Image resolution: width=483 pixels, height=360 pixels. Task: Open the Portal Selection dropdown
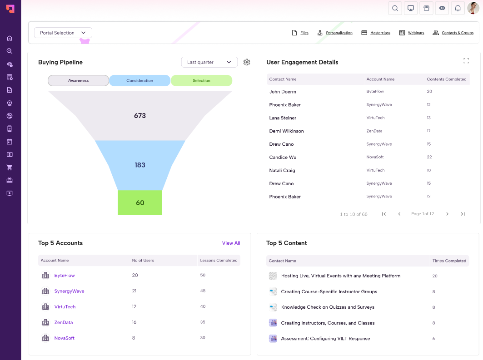click(63, 33)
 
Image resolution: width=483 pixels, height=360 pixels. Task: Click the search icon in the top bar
click(395, 8)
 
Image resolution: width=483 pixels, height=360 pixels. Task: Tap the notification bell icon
click(458, 8)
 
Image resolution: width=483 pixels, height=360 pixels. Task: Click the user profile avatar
click(473, 8)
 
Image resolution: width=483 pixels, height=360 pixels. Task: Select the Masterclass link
click(376, 33)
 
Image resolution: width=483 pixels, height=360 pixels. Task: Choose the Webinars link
click(412, 33)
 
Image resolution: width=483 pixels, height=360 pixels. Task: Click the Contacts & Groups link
click(453, 33)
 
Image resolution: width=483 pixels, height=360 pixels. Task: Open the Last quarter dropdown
click(209, 62)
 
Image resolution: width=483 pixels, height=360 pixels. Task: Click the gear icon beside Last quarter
click(247, 62)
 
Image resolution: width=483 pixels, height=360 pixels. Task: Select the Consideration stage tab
click(139, 81)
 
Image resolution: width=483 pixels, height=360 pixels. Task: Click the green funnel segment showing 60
click(139, 202)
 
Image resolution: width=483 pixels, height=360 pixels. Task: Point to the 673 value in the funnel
click(139, 116)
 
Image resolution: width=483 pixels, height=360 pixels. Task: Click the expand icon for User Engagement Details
click(466, 61)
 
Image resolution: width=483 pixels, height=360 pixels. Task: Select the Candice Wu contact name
click(283, 158)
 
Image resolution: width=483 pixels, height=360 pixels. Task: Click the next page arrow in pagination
click(447, 214)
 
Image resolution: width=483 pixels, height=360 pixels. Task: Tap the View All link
click(231, 243)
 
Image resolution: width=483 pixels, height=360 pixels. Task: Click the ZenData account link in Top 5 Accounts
click(64, 322)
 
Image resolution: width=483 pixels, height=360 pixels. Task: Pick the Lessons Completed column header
click(219, 261)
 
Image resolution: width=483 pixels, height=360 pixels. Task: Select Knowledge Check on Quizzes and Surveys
click(328, 307)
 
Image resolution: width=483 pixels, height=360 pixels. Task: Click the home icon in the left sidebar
click(10, 38)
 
